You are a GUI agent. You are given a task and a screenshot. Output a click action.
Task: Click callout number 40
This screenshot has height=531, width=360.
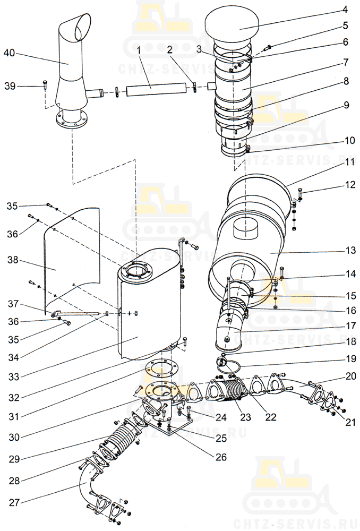click(x=10, y=53)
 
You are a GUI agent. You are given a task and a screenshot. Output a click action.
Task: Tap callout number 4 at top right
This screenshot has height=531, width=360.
click(x=345, y=10)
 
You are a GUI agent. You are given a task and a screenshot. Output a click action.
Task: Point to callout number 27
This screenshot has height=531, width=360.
click(x=14, y=502)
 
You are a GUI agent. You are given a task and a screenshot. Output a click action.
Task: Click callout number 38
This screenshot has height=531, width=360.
click(x=13, y=260)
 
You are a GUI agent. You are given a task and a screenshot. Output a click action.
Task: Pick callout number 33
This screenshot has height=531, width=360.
click(x=14, y=376)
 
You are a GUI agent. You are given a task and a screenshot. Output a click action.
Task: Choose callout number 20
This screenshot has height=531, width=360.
click(x=351, y=376)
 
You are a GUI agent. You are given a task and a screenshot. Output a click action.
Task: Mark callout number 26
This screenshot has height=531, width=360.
click(x=221, y=457)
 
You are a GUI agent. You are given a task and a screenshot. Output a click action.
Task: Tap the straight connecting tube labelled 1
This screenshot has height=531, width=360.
click(x=157, y=91)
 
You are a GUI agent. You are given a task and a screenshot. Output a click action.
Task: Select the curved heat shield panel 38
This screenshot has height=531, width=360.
click(x=72, y=258)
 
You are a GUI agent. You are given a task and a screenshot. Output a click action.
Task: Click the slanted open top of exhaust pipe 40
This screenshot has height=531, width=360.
click(x=83, y=26)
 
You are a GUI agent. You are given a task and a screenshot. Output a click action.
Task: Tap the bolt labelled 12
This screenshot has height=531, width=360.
click(x=300, y=193)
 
